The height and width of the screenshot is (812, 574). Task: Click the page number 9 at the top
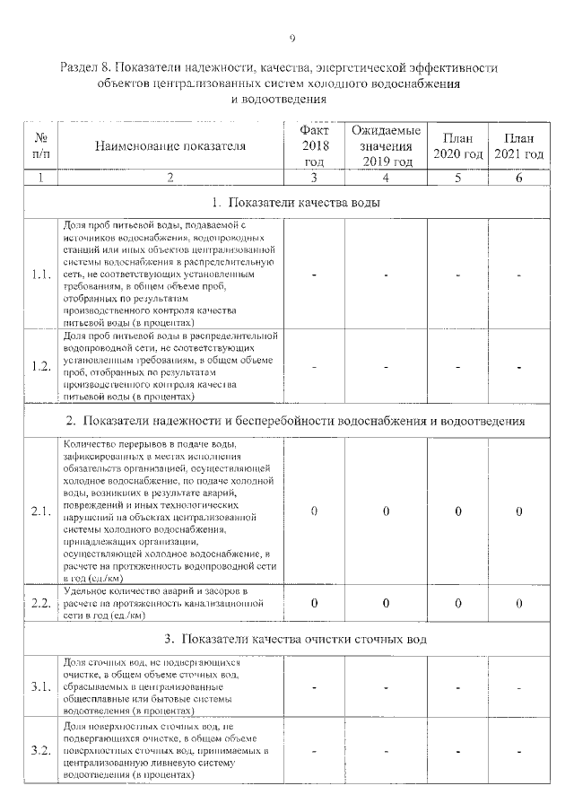click(292, 37)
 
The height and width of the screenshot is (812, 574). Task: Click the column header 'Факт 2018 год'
click(314, 146)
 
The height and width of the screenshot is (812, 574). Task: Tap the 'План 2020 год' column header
click(457, 146)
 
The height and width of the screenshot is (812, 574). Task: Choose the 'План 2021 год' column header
click(519, 146)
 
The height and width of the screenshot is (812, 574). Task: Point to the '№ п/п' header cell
click(40, 147)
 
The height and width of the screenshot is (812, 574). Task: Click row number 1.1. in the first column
click(39, 275)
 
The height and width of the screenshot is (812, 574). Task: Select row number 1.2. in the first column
click(39, 366)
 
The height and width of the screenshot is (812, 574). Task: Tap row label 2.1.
click(39, 511)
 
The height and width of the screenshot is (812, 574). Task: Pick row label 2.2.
click(39, 603)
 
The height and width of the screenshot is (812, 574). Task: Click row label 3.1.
click(39, 687)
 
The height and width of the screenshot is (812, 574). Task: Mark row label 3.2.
click(39, 750)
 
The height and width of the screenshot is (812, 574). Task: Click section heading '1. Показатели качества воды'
click(295, 202)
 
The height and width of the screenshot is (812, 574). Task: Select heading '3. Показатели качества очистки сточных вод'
click(295, 640)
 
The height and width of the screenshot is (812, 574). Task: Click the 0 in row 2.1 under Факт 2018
click(314, 511)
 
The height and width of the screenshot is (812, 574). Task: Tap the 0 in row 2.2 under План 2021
click(519, 603)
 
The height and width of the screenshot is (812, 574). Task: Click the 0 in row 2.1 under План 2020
click(457, 511)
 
